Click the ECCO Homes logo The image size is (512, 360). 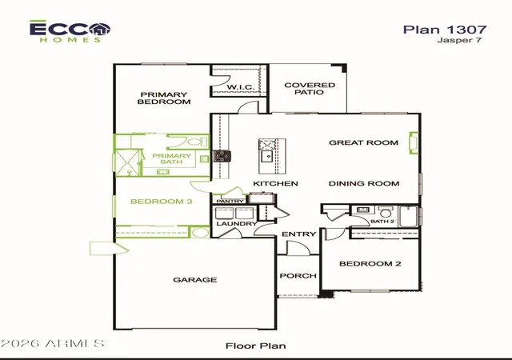point(70,31)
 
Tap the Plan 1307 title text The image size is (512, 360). point(445,30)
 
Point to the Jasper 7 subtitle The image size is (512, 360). point(459,40)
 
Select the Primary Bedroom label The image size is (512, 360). point(164,98)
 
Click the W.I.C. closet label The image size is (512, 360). point(240,87)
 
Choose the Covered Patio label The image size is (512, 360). point(310,89)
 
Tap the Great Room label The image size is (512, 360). point(363,142)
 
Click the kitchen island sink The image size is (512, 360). point(268,157)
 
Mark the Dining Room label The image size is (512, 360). point(364,183)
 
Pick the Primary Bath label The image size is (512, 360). point(171,158)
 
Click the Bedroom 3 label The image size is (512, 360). point(162,202)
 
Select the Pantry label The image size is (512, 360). point(230,202)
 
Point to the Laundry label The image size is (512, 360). point(237,224)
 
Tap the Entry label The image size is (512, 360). point(298,234)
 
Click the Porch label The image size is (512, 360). point(298,276)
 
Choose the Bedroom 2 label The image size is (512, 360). point(370,264)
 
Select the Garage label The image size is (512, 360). point(195,280)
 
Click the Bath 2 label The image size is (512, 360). point(382,222)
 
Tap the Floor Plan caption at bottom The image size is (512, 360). point(256,346)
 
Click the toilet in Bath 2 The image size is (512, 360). point(386,211)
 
